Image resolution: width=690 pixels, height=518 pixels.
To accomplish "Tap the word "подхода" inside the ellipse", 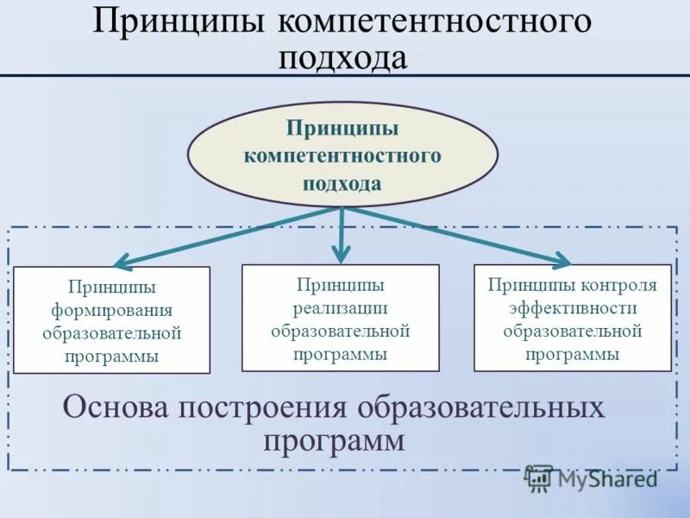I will tap(342, 183).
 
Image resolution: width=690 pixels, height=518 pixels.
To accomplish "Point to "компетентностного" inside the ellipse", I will tap(342, 156).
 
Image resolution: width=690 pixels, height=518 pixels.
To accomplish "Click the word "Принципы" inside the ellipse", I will tap(342, 129).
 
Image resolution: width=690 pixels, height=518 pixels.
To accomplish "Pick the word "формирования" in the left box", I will tap(111, 310).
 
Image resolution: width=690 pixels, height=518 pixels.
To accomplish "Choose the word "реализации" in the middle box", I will tap(340, 307).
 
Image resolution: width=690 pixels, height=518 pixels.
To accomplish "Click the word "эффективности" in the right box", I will tap(573, 308).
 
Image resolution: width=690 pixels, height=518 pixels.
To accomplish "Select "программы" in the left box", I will tap(111, 357).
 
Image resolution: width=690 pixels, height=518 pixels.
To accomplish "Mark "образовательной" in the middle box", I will tap(340, 331).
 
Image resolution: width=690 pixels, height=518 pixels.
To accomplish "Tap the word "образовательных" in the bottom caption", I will tap(482, 407).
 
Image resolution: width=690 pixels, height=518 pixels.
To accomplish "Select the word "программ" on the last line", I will tap(334, 441).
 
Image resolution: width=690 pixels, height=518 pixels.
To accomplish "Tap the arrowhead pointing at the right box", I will tap(561, 259).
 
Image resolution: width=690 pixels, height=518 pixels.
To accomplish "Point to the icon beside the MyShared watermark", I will tap(538, 478).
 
